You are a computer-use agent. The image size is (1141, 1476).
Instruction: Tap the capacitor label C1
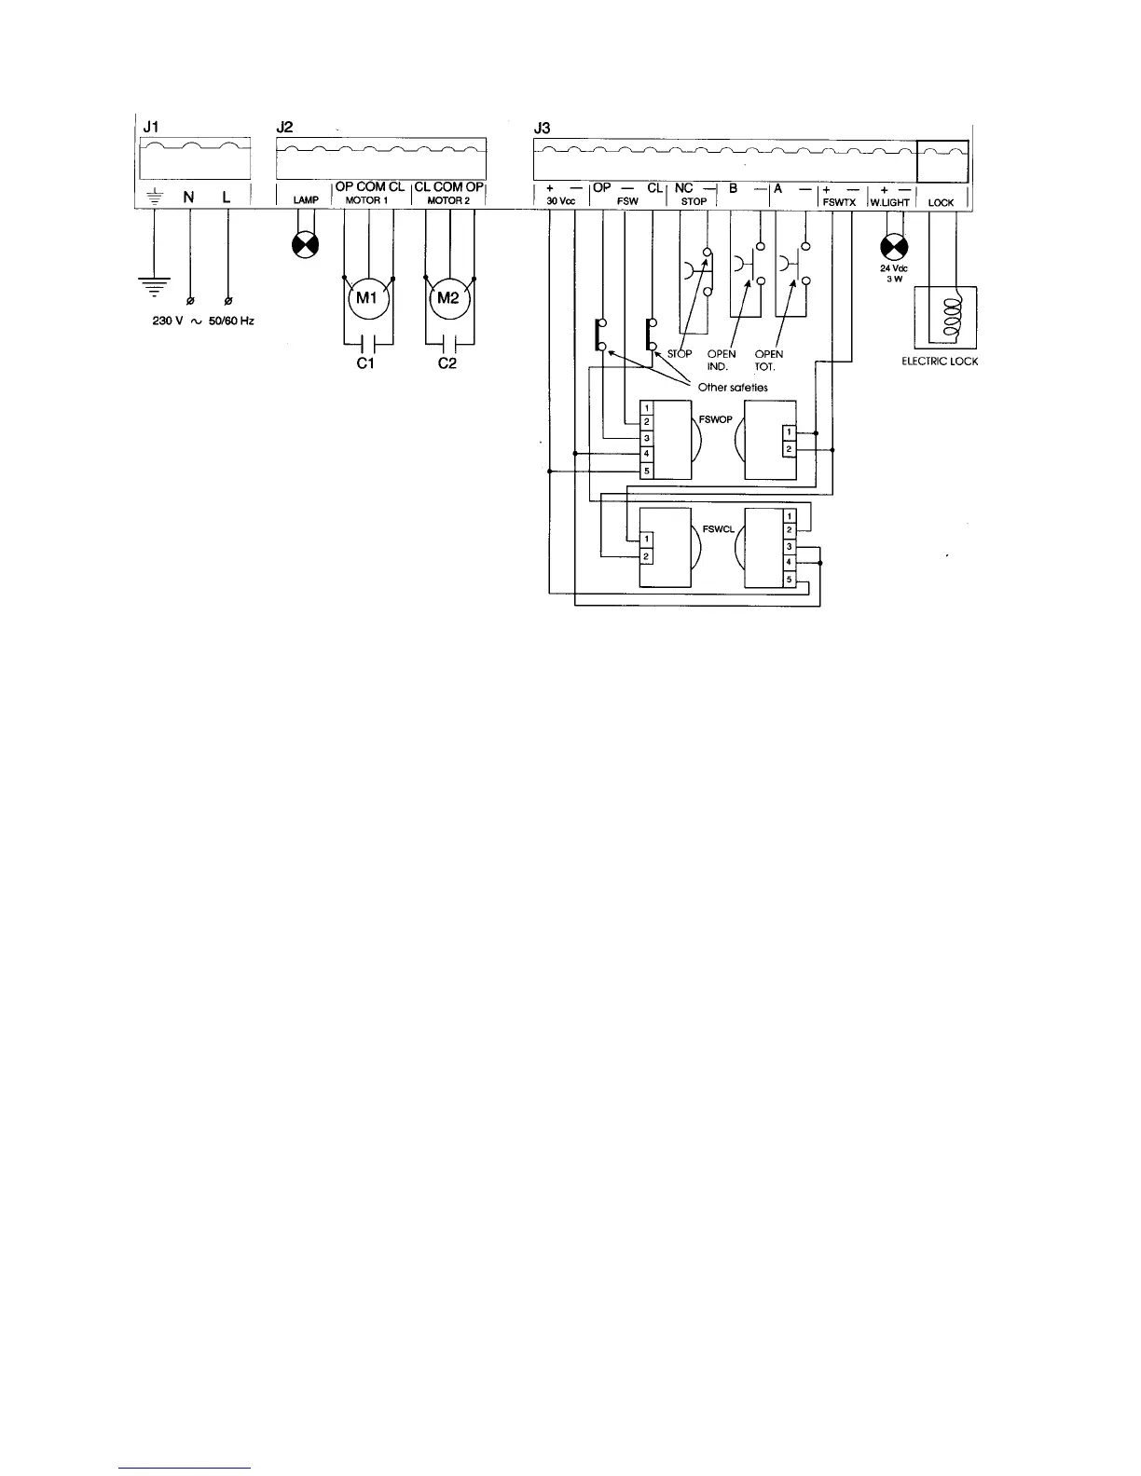pos(366,363)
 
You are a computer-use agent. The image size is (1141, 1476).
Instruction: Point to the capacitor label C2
pos(447,363)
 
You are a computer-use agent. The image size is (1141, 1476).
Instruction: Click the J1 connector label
pos(147,128)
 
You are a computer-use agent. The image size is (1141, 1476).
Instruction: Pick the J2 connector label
pos(285,128)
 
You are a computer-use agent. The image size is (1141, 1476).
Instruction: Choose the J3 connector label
pos(541,128)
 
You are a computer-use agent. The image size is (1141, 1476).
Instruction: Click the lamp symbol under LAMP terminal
pos(305,246)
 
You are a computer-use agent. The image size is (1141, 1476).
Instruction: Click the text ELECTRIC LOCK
pos(940,362)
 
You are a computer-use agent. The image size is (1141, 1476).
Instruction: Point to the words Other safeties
pos(733,388)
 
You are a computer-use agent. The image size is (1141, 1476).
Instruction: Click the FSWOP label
pos(715,419)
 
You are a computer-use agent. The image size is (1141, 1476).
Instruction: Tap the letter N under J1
pos(189,198)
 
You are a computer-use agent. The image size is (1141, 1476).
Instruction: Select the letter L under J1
pos(227,198)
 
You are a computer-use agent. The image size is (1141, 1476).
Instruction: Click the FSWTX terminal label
pos(839,201)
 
